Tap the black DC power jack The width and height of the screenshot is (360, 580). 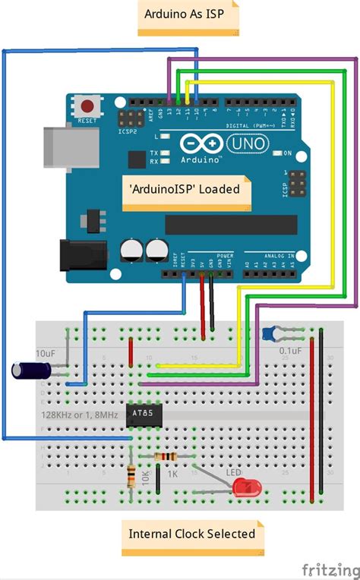(x=84, y=254)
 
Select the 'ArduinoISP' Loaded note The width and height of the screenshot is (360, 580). (x=186, y=189)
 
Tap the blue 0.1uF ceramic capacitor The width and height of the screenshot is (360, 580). (x=268, y=332)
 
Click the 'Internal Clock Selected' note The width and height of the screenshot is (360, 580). (x=192, y=534)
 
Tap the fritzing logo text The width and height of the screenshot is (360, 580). (x=330, y=568)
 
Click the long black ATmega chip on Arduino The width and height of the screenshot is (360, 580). (x=231, y=225)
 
